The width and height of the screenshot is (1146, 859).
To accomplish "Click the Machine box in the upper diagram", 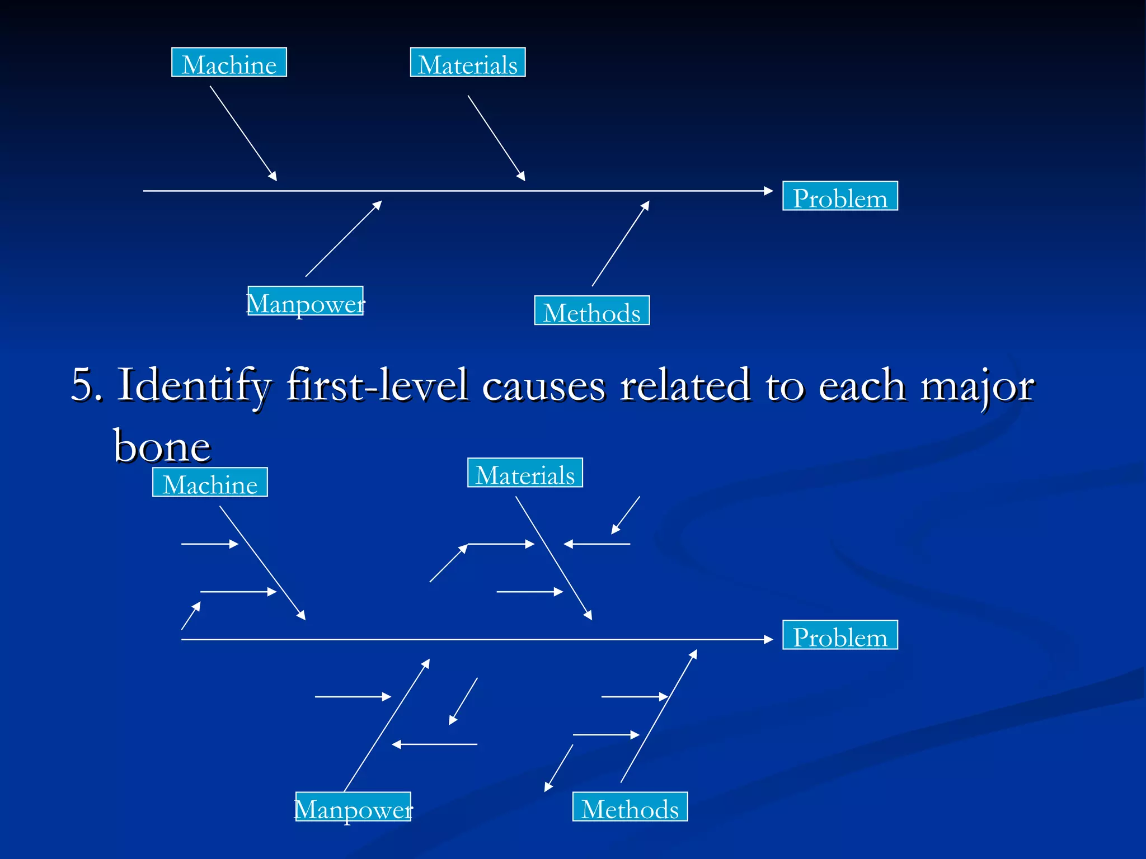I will click(229, 63).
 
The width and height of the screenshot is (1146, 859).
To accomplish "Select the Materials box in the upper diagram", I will click(468, 63).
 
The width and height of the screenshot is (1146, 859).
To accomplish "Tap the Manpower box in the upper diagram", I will click(306, 301).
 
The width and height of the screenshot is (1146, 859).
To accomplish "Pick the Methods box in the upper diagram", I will click(592, 311).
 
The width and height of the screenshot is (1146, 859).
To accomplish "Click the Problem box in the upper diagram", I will click(840, 196).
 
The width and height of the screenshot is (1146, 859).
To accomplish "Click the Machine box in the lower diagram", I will click(210, 483).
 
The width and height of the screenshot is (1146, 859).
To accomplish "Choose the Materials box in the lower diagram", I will click(525, 473).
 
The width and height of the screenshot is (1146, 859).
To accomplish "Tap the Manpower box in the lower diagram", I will click(353, 807).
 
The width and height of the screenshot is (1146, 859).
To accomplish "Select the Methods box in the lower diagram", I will click(630, 807).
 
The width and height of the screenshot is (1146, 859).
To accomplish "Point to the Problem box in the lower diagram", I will click(840, 635).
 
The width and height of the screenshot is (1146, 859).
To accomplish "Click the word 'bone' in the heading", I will click(162, 446).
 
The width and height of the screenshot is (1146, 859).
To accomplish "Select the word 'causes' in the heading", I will click(543, 385).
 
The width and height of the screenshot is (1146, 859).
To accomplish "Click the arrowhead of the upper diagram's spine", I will click(769, 191).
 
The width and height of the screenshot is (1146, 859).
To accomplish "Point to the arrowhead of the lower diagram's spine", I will click(769, 640).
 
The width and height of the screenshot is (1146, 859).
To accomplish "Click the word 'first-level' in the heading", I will click(377, 385).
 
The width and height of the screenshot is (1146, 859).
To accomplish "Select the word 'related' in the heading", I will click(685, 385).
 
